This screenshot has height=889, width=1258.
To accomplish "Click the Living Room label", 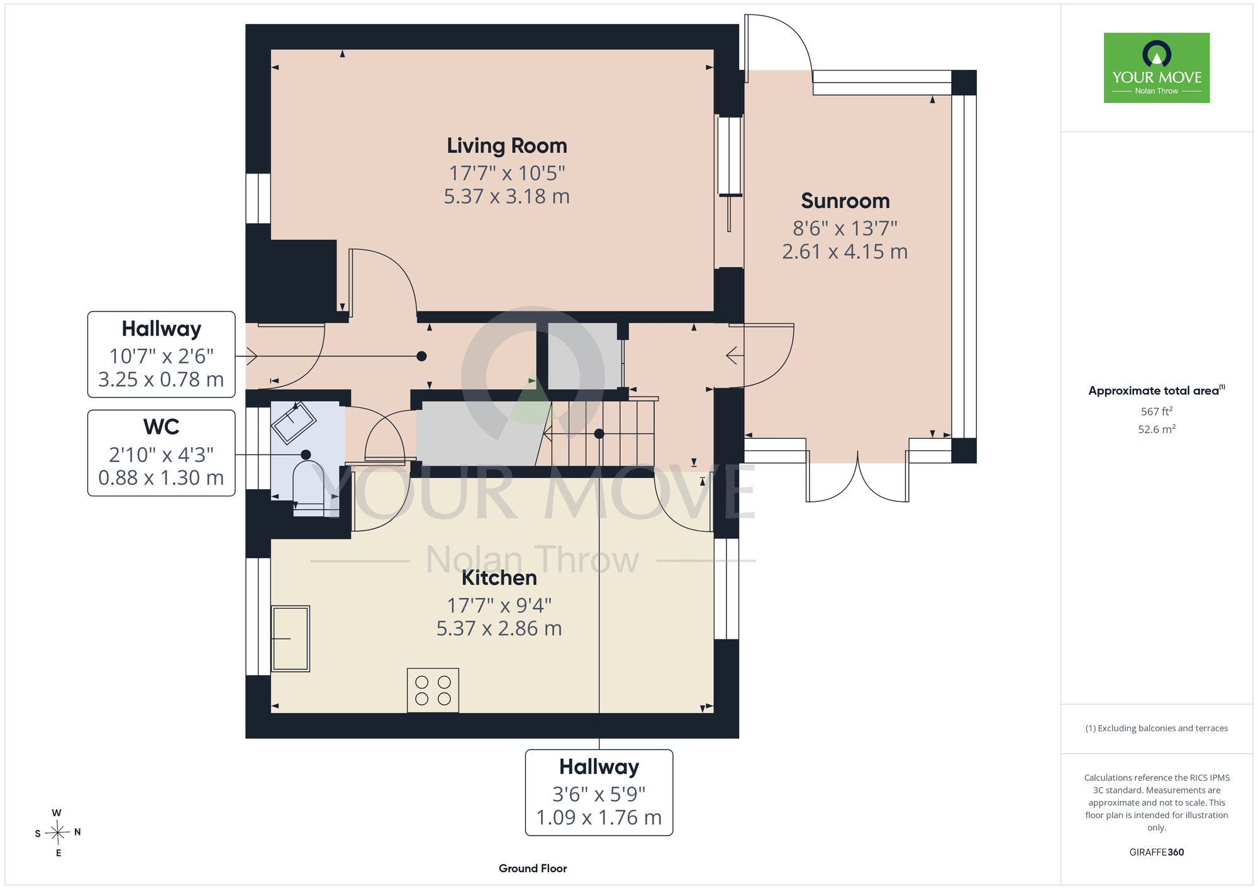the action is coord(507,146).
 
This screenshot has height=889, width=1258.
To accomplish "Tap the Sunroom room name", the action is coord(845,201).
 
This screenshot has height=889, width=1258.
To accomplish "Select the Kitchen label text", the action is coord(499,578).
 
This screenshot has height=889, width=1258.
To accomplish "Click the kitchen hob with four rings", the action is coord(433,690).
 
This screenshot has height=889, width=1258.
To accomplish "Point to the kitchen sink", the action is coord(290,639).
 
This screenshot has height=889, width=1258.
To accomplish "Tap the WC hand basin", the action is coord(293,422).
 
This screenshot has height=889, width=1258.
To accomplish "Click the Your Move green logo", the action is coord(1157,68).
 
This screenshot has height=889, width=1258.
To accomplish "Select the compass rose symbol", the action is coord(58,833).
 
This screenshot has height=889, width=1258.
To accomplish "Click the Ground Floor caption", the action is coord(533,868).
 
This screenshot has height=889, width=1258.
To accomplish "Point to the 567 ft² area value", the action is coord(1157,411).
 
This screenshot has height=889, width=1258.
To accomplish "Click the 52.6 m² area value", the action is coord(1157,429).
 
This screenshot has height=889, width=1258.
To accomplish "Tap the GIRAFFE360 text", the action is coord(1157,853).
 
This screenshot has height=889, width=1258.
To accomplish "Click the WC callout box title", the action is coord(162,427).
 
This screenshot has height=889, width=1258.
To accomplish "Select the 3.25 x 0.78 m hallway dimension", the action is coord(161,380).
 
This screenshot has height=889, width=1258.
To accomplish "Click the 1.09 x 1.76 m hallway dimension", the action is coord(599,817).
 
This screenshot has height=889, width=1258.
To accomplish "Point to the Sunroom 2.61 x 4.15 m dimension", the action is coord(845,251).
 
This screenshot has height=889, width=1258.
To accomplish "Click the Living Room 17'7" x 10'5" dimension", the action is coord(507,173).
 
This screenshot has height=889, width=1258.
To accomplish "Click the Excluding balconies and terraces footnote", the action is coord(1157,728).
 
